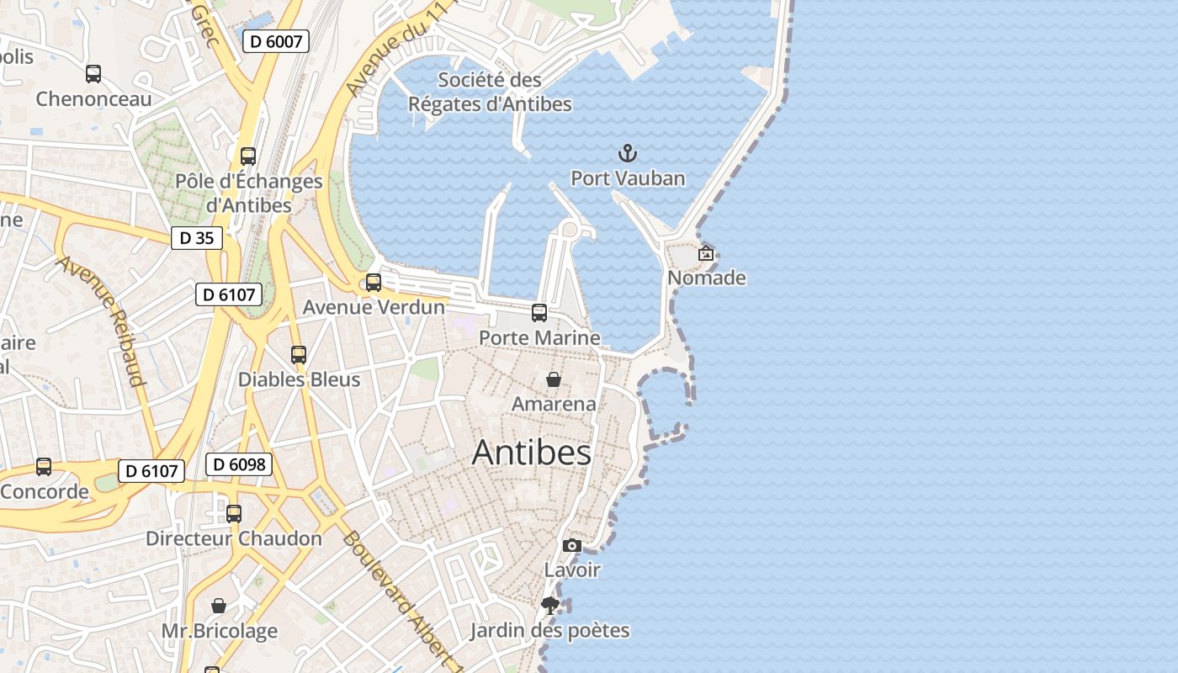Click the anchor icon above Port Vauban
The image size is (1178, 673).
(x=628, y=153)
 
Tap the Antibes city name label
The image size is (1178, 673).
(x=532, y=453)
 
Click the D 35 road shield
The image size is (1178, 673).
(x=197, y=238)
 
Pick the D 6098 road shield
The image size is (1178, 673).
(x=239, y=464)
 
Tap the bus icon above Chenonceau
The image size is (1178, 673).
(x=93, y=74)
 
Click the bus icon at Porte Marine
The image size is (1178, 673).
(x=539, y=313)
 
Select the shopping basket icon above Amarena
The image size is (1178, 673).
(x=554, y=379)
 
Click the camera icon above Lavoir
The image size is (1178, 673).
(x=572, y=546)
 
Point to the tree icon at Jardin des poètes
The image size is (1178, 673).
(x=550, y=606)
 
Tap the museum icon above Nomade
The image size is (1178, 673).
(x=706, y=252)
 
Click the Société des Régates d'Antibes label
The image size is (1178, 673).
(x=490, y=92)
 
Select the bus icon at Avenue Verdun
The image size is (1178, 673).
(x=374, y=283)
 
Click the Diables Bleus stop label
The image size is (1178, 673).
(x=299, y=379)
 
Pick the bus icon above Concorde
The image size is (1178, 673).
(x=44, y=467)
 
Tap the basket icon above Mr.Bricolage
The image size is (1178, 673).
(x=219, y=606)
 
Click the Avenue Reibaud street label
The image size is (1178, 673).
(x=102, y=321)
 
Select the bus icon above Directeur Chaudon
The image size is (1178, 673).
(x=234, y=513)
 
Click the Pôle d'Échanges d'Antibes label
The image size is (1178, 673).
(x=249, y=193)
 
